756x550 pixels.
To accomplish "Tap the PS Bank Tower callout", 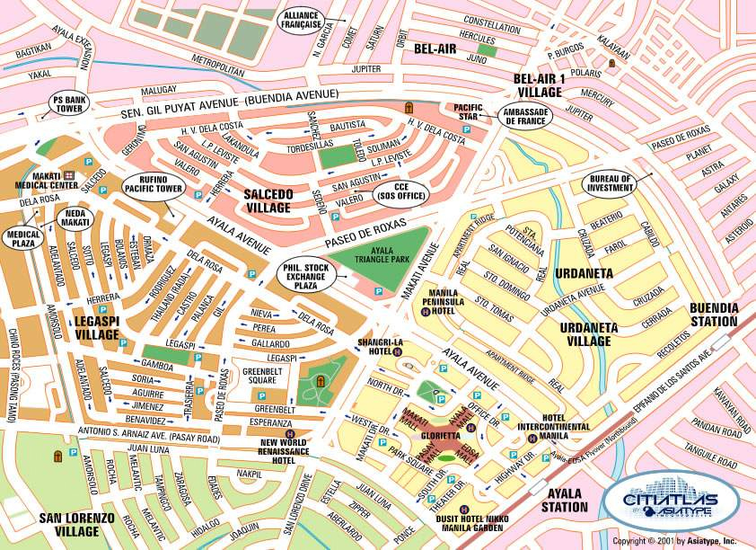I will pyautogui.click(x=68, y=103).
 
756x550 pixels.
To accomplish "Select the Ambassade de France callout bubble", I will pyautogui.click(x=525, y=115).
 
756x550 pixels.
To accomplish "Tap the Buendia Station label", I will pyautogui.click(x=714, y=314).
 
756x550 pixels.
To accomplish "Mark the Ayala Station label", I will pyautogui.click(x=563, y=500).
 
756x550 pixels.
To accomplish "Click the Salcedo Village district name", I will pyautogui.click(x=268, y=201).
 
